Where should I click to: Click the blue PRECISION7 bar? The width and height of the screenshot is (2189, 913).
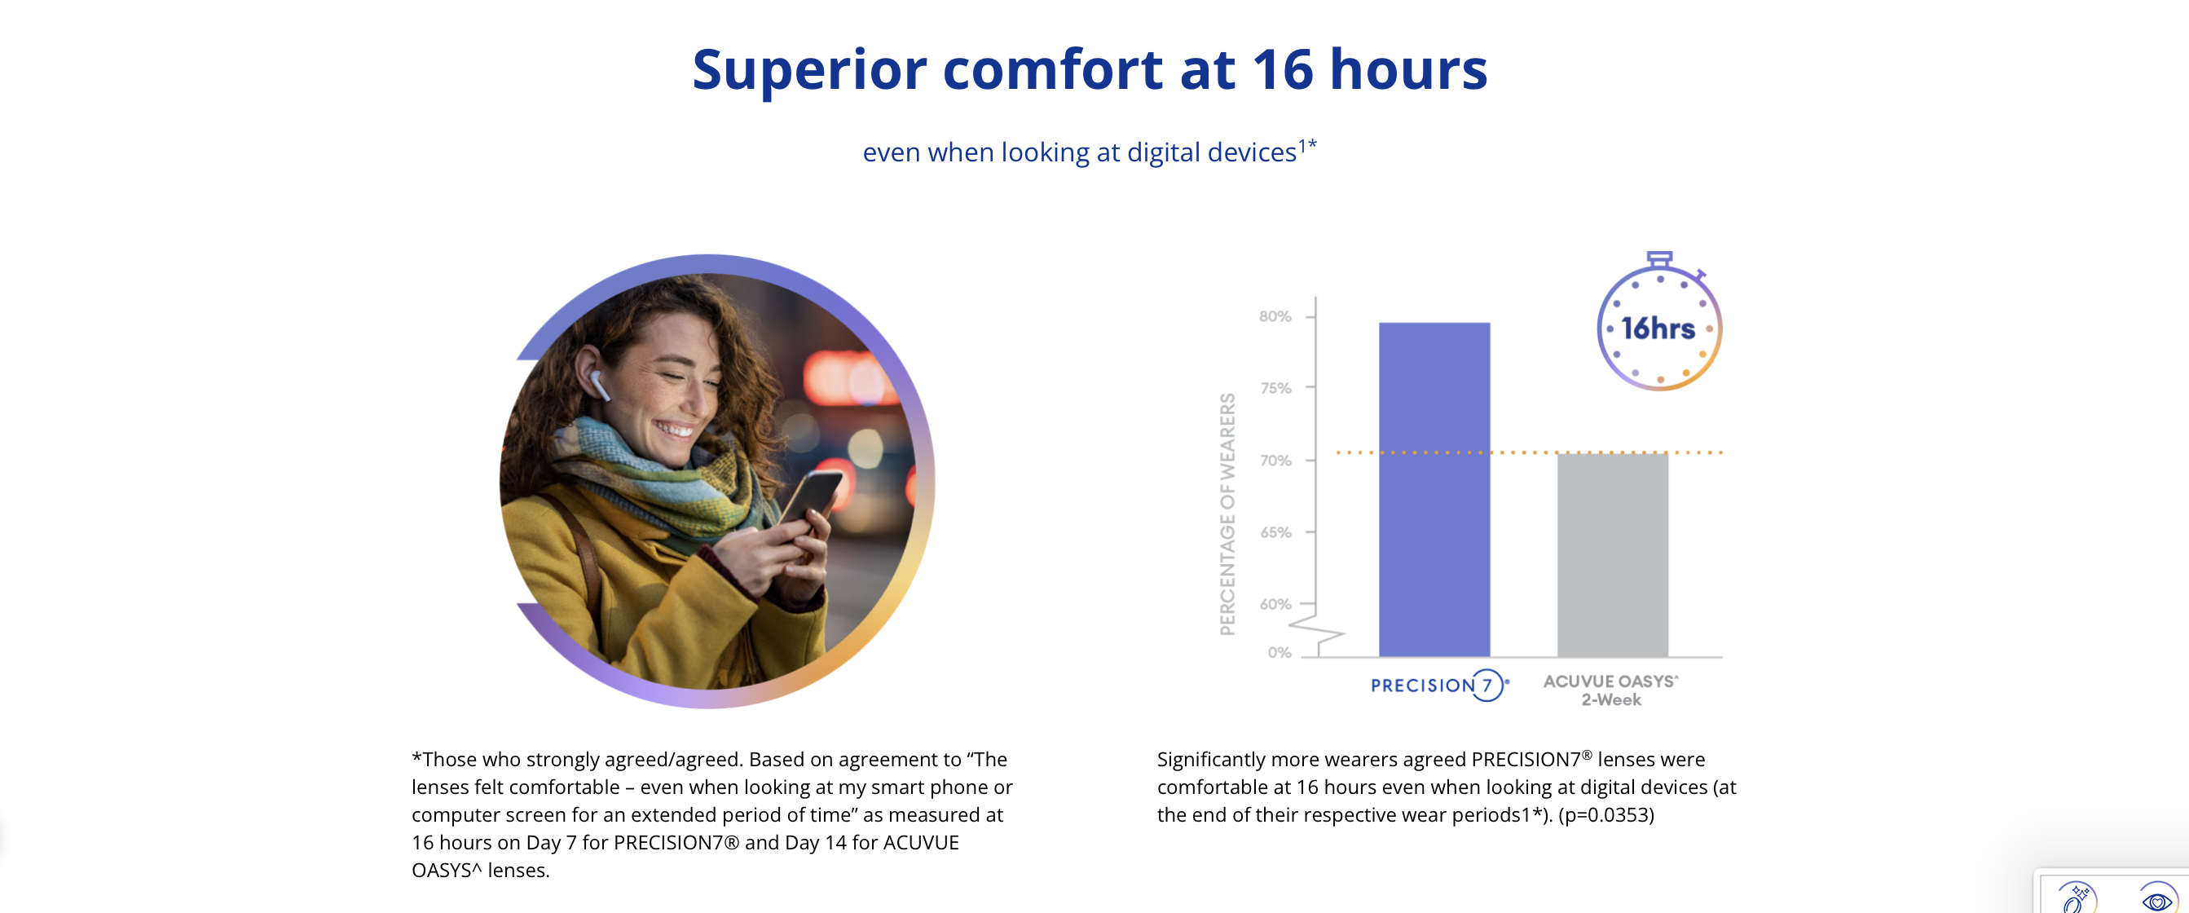(1434, 489)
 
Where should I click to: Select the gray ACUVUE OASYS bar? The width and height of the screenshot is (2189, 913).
(1613, 554)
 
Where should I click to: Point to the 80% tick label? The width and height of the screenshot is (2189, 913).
(1275, 316)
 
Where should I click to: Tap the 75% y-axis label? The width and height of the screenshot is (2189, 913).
(1275, 389)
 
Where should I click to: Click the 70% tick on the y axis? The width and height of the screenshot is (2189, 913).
(1275, 461)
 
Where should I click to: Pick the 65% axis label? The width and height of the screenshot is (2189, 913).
(1275, 533)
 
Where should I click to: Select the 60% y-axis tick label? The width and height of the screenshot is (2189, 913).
(1275, 604)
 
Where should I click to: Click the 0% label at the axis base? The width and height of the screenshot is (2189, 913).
(1279, 653)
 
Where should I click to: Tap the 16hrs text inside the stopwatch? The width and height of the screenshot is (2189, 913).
(1657, 329)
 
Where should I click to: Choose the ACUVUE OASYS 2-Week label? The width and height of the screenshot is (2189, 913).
(1611, 690)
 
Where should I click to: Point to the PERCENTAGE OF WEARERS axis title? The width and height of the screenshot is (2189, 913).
(1227, 514)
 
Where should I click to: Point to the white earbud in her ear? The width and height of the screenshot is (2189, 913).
(598, 385)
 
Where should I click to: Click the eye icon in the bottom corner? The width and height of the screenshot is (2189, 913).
(2156, 899)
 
